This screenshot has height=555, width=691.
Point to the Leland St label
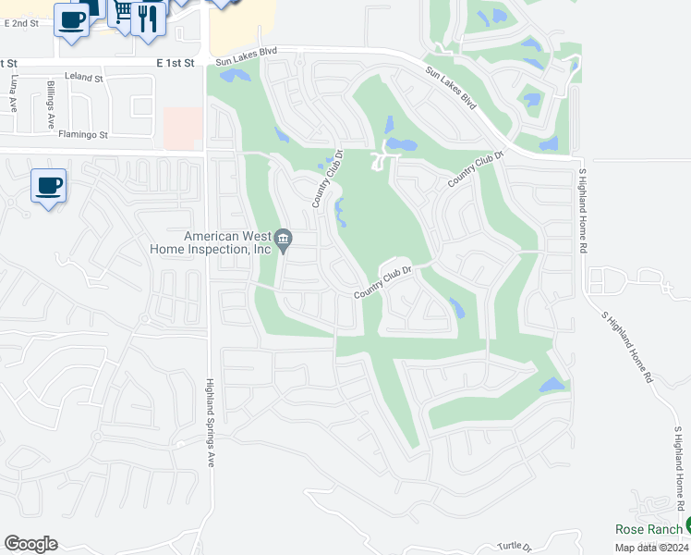[x=84, y=79]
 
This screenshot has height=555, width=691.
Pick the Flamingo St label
[x=84, y=134]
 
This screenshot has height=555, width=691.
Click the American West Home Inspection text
[x=212, y=242]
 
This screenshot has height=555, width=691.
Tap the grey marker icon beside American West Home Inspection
[x=284, y=240]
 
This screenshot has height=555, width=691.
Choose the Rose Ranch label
[x=648, y=529]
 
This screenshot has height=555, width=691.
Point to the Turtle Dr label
[x=515, y=547]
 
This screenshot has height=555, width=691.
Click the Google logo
[x=30, y=544]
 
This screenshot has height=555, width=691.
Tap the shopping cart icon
[x=121, y=13]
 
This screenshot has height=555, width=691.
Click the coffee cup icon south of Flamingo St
[x=48, y=185]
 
